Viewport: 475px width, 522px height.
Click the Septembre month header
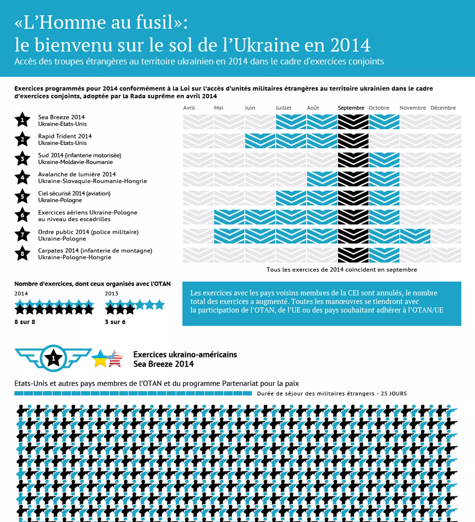pyautogui.click(x=351, y=108)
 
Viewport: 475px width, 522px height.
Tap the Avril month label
pyautogui.click(x=189, y=108)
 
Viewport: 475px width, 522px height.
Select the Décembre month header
pyautogui.click(x=443, y=108)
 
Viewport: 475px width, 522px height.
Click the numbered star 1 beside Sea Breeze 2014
pyautogui.click(x=23, y=120)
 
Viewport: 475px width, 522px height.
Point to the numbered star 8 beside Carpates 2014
pyautogui.click(x=23, y=253)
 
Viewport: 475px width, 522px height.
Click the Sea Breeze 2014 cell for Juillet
pyautogui.click(x=291, y=122)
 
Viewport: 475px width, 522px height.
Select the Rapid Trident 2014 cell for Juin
pyautogui.click(x=260, y=141)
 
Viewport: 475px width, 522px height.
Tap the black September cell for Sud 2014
pyautogui.click(x=353, y=160)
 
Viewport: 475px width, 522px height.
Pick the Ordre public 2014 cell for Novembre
pyautogui.click(x=415, y=236)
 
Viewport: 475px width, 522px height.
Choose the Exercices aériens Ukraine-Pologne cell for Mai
pyautogui.click(x=229, y=217)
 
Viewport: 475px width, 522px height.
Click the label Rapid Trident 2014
pyautogui.click(x=65, y=136)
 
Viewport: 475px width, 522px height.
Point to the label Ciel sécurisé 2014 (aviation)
pyautogui.click(x=74, y=193)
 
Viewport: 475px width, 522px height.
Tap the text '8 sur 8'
pyautogui.click(x=24, y=322)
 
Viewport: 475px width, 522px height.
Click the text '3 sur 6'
pyautogui.click(x=115, y=322)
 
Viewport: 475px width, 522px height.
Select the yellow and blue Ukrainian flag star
pyautogui.click(x=100, y=359)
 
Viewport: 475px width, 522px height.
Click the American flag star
pyautogui.click(x=115, y=359)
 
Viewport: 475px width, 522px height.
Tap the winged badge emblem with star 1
pyautogui.click(x=53, y=358)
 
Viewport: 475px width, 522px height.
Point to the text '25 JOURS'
pyautogui.click(x=394, y=393)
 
